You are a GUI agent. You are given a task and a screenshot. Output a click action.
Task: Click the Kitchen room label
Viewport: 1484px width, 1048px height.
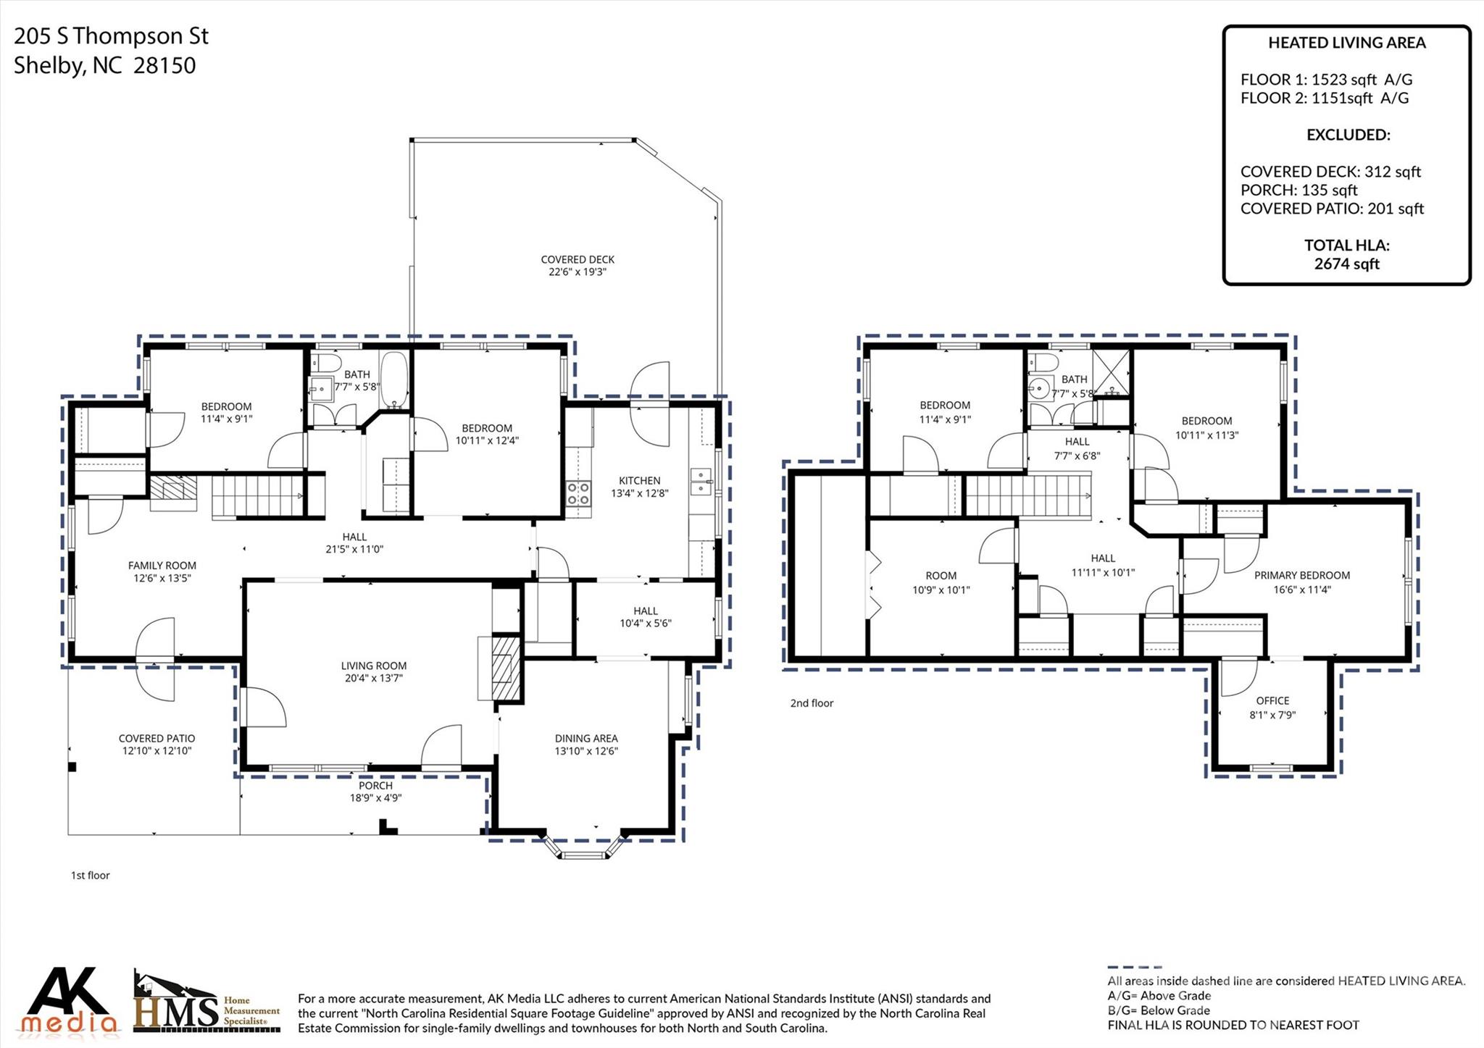[x=639, y=480]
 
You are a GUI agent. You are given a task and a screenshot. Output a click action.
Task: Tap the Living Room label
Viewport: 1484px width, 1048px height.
[x=374, y=666]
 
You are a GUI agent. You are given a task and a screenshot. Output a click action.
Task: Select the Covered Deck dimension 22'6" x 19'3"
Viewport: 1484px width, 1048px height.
[x=578, y=272]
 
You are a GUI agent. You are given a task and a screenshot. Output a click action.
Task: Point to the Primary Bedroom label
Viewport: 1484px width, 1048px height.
[x=1302, y=576]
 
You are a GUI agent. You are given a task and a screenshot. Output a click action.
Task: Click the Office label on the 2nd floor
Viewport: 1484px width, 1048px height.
[x=1272, y=701]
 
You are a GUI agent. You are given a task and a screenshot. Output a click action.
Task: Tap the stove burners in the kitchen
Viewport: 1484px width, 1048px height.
[x=578, y=494]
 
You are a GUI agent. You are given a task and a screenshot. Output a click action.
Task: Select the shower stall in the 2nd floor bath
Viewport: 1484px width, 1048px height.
[x=1112, y=372]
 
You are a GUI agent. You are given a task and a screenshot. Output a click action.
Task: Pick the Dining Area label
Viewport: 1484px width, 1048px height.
[x=586, y=739]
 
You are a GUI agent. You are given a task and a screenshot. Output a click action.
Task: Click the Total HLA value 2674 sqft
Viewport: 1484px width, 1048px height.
[x=1346, y=264]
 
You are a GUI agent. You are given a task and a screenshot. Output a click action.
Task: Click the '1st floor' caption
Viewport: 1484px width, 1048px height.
[x=90, y=876]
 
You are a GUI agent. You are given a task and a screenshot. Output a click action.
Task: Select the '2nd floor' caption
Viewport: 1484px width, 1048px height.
[x=812, y=703]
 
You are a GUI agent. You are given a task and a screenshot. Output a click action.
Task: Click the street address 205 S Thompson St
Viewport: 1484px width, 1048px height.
[x=112, y=36]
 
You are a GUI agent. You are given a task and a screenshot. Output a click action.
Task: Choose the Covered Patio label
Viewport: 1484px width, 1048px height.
[x=157, y=739]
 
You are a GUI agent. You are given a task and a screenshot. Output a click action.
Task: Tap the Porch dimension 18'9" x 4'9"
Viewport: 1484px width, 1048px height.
[x=375, y=798]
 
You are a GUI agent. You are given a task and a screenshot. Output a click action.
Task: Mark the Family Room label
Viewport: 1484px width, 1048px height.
[x=162, y=566]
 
